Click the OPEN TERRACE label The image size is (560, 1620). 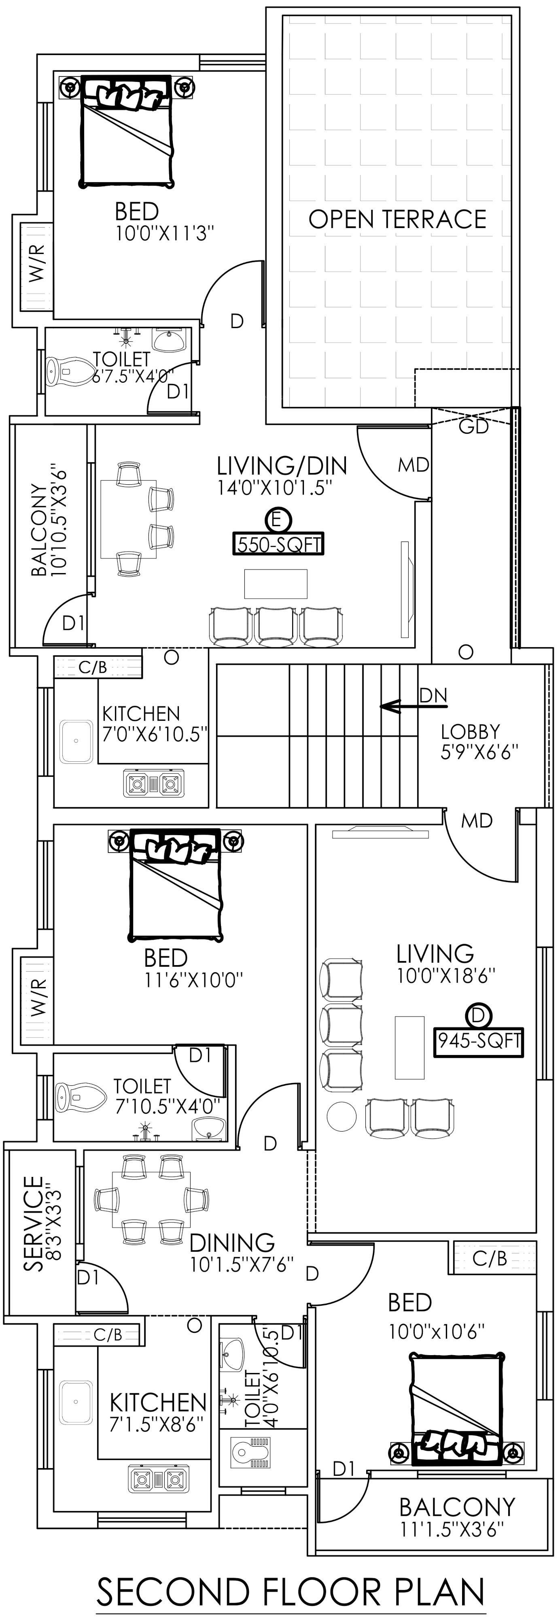397,219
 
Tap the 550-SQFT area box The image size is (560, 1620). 278,544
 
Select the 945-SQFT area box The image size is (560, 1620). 479,1040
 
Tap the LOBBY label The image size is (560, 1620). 470,731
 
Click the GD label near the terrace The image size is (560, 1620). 473,427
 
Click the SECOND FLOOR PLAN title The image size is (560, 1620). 291,1592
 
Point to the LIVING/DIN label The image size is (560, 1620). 282,466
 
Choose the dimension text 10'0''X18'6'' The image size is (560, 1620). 446,975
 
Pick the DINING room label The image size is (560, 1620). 232,1243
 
